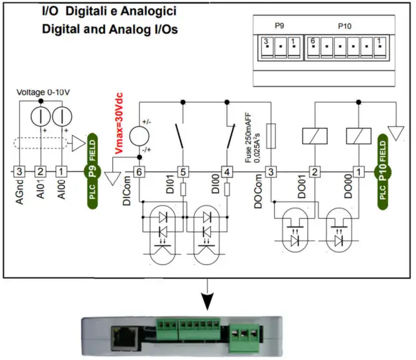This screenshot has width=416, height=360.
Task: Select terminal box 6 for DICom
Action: pyautogui.click(x=138, y=172)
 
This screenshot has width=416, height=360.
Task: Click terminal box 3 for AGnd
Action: pyautogui.click(x=20, y=172)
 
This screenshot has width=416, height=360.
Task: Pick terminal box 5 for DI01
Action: pyautogui.click(x=183, y=172)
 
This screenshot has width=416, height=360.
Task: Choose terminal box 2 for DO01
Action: pyautogui.click(x=315, y=172)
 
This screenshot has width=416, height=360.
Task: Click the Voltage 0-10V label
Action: pyautogui.click(x=43, y=92)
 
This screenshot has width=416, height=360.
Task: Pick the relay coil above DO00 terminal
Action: pyautogui.click(x=357, y=136)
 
